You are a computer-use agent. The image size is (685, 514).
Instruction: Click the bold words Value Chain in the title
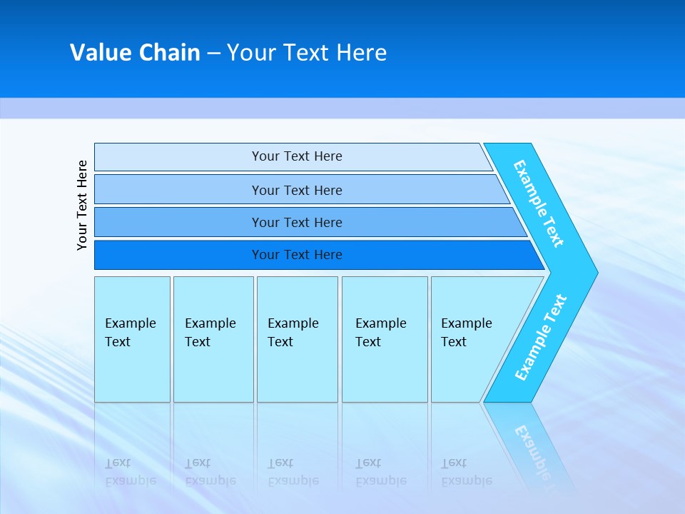pos(135,53)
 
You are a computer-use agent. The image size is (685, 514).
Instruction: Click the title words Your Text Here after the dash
pos(307,53)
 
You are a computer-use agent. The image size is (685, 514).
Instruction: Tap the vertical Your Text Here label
pos(82,205)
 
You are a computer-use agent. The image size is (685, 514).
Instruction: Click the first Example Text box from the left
pos(132,339)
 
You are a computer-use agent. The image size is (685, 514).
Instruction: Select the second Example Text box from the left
pos(213,339)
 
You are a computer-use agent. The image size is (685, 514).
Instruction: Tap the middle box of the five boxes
pos(297,339)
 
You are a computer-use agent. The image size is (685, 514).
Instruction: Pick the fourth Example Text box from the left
pos(385,339)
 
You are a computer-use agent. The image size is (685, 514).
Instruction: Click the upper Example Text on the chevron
pos(539,203)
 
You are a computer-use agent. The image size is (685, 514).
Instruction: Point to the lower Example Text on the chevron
pos(541,338)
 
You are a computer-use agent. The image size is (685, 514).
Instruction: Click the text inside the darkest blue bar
pos(297,255)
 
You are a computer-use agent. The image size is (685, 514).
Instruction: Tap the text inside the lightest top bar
pos(297,156)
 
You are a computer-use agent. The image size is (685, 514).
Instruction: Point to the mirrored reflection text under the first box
pos(131,472)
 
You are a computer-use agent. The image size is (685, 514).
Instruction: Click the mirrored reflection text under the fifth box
pos(467,472)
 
